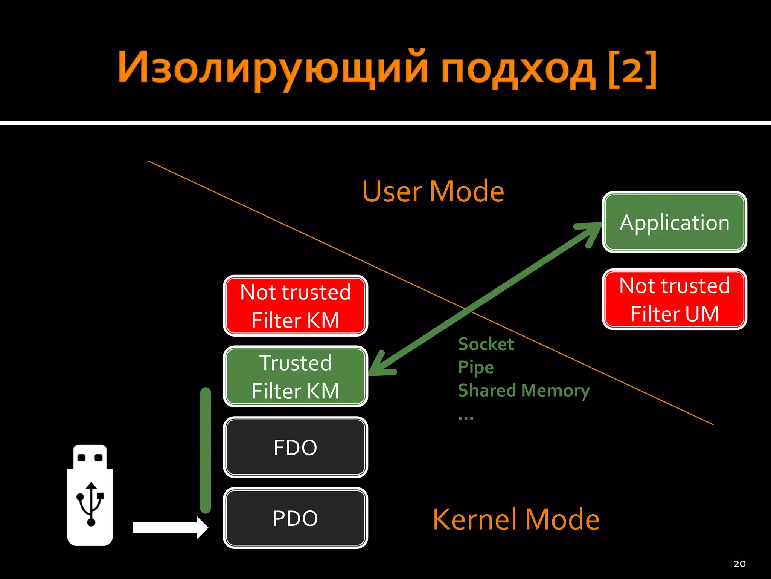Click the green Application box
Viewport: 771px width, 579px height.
click(x=674, y=222)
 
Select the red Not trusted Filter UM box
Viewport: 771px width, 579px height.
click(x=674, y=299)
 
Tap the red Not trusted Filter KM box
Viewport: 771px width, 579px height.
click(x=296, y=306)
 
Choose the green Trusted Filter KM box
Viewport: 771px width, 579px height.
click(x=296, y=376)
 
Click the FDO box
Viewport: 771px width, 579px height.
click(x=296, y=447)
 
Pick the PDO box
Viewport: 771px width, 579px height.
click(x=296, y=518)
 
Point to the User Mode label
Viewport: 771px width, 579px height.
click(x=433, y=191)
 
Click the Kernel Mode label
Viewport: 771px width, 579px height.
click(x=516, y=519)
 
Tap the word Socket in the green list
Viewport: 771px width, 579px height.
click(x=486, y=344)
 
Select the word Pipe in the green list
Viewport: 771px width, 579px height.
click(x=475, y=367)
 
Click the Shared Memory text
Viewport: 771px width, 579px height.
click(x=523, y=391)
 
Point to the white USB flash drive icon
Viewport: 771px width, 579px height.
click(x=90, y=495)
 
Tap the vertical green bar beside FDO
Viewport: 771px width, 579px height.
click(x=206, y=450)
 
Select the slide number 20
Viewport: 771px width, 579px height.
click(x=739, y=564)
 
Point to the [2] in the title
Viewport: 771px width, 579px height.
click(x=632, y=70)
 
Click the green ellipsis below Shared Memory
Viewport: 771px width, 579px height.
click(x=466, y=418)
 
